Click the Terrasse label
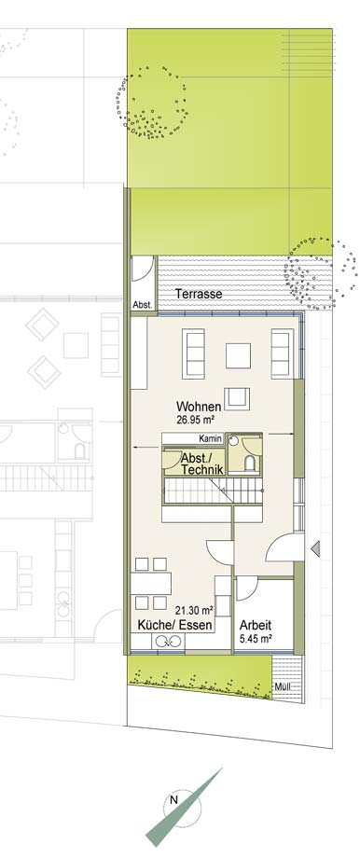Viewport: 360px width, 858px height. [199, 294]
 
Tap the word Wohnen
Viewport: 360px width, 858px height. [199, 408]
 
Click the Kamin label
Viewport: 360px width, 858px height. [210, 439]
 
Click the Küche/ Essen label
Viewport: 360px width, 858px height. [174, 625]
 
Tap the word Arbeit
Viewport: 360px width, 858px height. [256, 625]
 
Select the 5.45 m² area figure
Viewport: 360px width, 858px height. [256, 638]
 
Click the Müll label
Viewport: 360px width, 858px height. [283, 688]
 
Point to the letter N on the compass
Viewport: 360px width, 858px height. [174, 799]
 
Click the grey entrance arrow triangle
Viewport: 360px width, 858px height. [315, 548]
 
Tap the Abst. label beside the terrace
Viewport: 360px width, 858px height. [144, 305]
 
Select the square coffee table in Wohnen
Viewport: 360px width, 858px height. [238, 355]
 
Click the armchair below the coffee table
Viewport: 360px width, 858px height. [239, 398]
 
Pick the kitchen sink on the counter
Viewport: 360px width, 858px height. [163, 642]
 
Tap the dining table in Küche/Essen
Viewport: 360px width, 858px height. [151, 583]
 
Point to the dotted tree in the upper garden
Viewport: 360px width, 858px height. [152, 103]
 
